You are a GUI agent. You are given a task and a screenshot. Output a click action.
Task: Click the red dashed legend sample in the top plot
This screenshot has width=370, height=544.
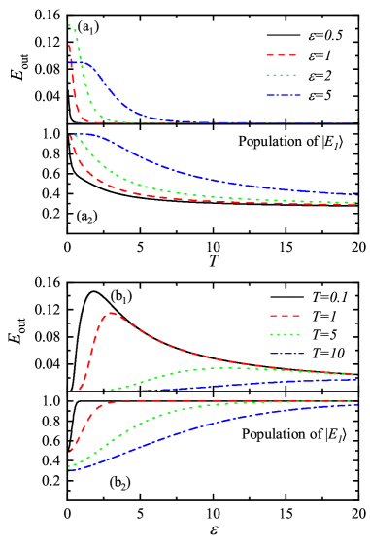[x=282, y=55]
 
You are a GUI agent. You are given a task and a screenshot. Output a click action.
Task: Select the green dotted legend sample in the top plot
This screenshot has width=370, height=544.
[x=282, y=75]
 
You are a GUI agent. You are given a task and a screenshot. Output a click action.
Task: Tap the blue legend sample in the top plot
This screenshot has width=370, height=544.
[x=282, y=95]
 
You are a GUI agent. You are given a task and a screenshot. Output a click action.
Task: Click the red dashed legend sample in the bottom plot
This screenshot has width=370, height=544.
[x=286, y=315]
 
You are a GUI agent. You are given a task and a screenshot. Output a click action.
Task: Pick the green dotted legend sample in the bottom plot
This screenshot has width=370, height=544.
[x=286, y=334]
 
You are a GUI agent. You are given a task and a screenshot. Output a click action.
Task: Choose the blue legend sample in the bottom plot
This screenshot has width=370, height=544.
[x=286, y=354]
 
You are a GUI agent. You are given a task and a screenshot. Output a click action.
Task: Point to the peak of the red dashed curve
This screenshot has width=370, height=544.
[x=112, y=313]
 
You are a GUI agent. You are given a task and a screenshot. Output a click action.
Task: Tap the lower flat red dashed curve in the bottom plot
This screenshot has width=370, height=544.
[x=194, y=400]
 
